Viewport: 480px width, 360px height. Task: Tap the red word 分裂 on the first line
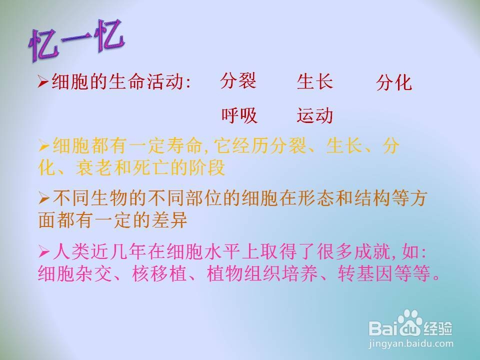pyautogui.click(x=238, y=81)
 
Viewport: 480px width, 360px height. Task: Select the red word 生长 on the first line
pyautogui.click(x=314, y=81)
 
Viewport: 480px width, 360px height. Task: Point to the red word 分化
pyautogui.click(x=394, y=82)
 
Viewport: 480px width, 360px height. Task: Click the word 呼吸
pyautogui.click(x=239, y=115)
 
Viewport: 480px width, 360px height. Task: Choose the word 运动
pyautogui.click(x=314, y=115)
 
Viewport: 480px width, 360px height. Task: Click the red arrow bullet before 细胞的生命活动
pyautogui.click(x=43, y=82)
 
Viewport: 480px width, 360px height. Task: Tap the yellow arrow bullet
pyautogui.click(x=44, y=146)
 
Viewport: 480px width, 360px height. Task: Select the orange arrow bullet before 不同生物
pyautogui.click(x=44, y=199)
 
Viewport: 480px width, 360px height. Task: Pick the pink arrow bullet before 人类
pyautogui.click(x=44, y=252)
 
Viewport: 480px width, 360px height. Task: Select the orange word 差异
pyautogui.click(x=169, y=220)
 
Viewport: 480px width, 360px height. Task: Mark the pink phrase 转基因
pyautogui.click(x=365, y=273)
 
